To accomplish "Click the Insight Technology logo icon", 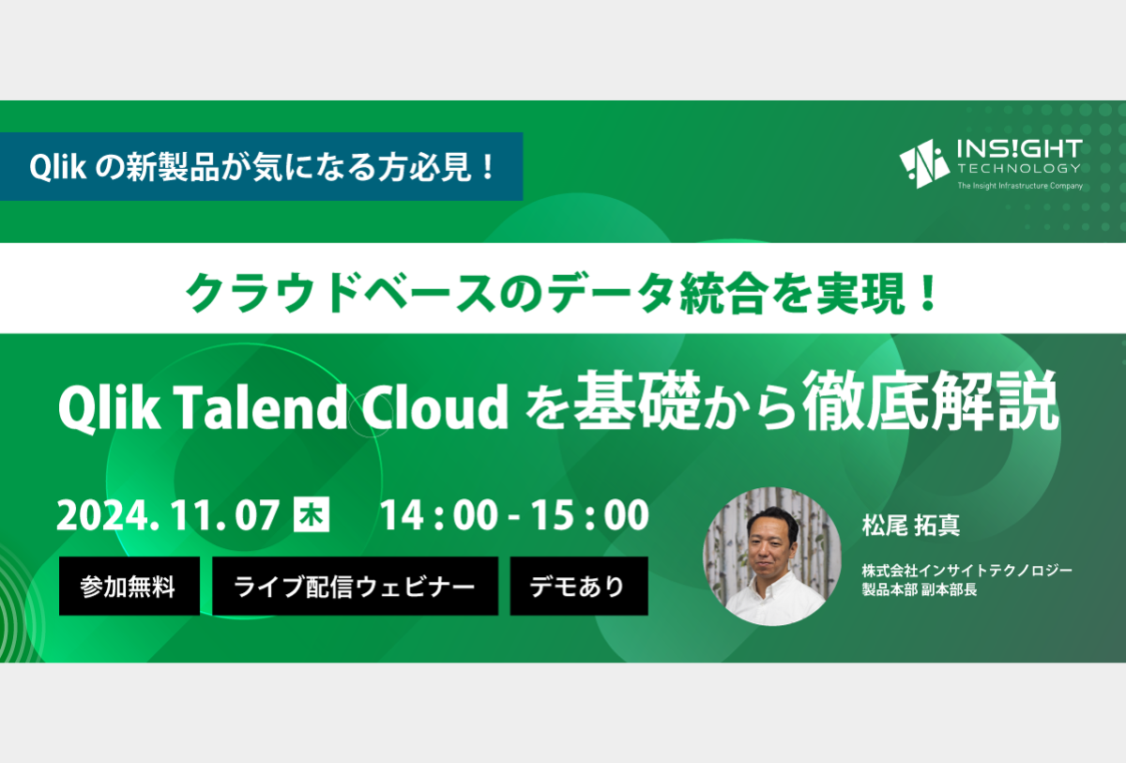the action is coord(924,163).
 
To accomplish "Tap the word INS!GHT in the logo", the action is coord(1019,149).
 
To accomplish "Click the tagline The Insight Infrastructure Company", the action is coord(1020,186).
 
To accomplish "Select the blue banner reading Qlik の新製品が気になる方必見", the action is coord(262,166).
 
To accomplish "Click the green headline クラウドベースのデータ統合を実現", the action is coord(561,292).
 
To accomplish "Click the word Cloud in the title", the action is coord(434,406).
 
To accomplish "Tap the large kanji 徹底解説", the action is coord(931,401).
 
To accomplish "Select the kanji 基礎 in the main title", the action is coord(637,401).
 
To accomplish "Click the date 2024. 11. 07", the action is coord(168,515).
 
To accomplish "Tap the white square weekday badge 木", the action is coord(312,514).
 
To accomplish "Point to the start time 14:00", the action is coord(439,515).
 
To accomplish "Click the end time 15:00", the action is coord(590,515).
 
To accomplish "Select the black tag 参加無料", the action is coord(129,586).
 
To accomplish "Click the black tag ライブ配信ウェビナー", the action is coord(355,586).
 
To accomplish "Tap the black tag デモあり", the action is coord(579,586).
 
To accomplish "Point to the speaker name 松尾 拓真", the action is coord(911,526).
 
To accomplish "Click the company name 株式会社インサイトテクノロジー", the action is coord(967,570).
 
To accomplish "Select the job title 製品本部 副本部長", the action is coord(920,589).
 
